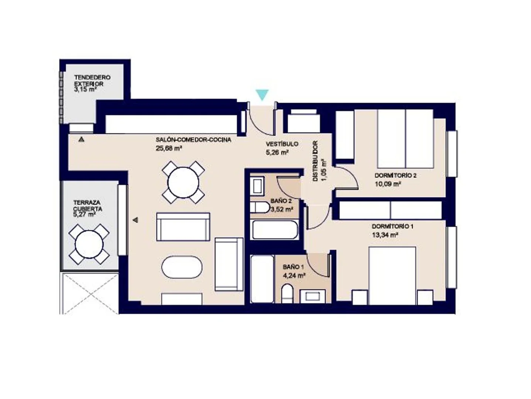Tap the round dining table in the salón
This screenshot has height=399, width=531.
coord(183,183)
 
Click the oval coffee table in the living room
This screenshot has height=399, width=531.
coord(182,267)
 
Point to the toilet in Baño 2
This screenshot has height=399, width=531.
coord(260,207)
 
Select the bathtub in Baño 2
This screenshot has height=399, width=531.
coord(275,230)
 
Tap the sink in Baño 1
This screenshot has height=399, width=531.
coord(312,296)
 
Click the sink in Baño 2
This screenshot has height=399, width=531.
coord(257,186)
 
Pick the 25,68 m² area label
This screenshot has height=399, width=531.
coord(169,148)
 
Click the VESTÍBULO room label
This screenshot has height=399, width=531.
coord(282,144)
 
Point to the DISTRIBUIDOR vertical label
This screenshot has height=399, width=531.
coord(315,161)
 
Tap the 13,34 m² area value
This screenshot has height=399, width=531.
coord(385,235)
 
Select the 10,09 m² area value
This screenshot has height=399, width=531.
coord(388,184)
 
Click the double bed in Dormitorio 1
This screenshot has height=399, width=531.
coord(392,276)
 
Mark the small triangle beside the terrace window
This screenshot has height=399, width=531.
coord(135,220)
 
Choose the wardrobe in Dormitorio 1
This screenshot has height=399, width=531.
coord(390,210)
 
